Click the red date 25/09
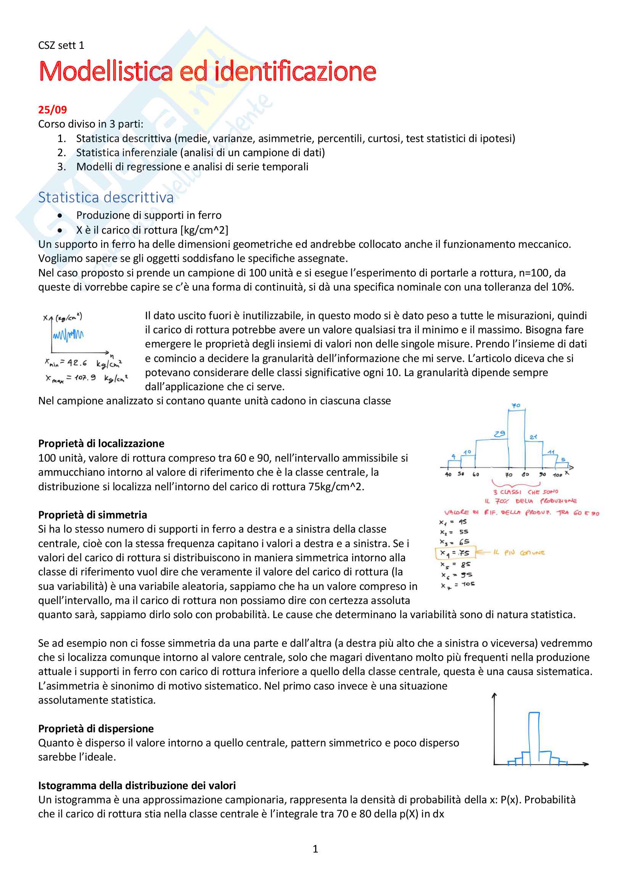coord(52,110)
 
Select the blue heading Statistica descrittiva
coord(106,198)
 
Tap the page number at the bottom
coord(315,849)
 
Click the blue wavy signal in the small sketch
coord(68,334)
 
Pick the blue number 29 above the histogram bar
coord(499,434)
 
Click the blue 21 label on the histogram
coord(533,437)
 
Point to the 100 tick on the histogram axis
coord(557,475)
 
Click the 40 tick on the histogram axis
coord(448,475)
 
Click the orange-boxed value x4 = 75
coord(455,553)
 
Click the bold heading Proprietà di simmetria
coord(92,515)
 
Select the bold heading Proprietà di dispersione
coord(96,728)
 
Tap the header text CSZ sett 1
coord(61,45)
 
